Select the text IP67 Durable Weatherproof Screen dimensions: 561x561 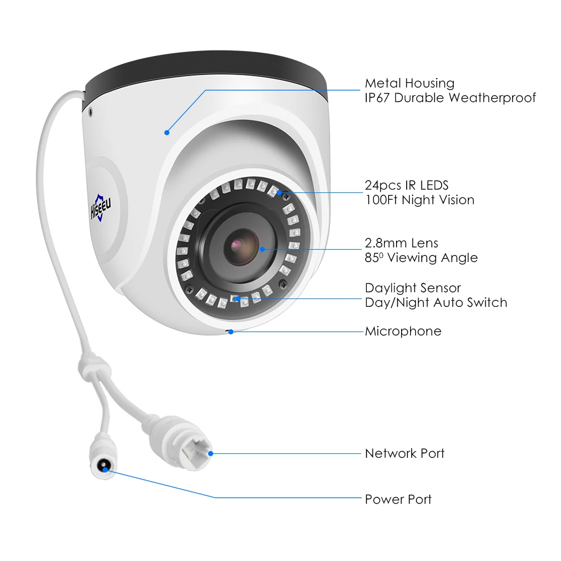[x=450, y=98]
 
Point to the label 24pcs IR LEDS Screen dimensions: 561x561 [x=407, y=185]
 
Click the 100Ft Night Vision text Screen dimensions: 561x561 [x=419, y=200]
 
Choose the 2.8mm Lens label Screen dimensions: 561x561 [x=401, y=243]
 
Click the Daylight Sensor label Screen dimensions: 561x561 [x=412, y=288]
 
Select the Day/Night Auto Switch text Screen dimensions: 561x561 [x=435, y=302]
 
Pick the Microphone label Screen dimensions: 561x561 [x=403, y=331]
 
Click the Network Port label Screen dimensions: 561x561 [x=404, y=453]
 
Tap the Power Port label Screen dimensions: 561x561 [x=398, y=499]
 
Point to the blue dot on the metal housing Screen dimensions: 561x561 [x=167, y=132]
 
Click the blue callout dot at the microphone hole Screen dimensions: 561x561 [x=231, y=331]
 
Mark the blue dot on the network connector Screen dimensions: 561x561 [x=211, y=453]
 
